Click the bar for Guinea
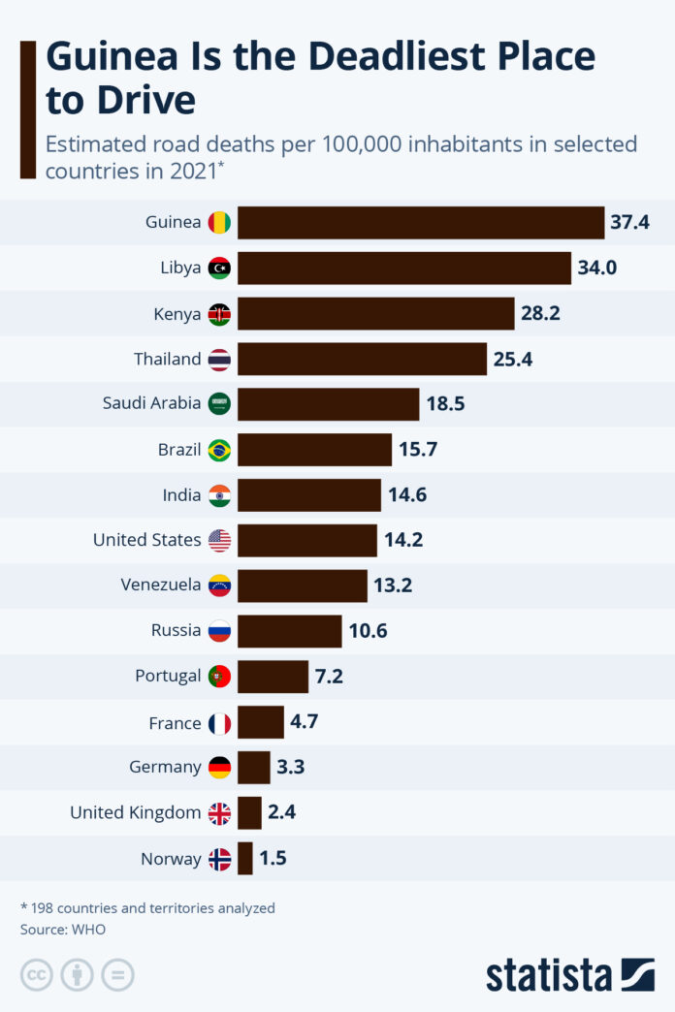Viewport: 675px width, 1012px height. pyautogui.click(x=421, y=223)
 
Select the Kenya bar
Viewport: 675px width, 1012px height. pyautogui.click(x=375, y=314)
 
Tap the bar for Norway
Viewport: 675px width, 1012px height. pyautogui.click(x=245, y=859)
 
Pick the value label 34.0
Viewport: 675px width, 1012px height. pyautogui.click(x=597, y=269)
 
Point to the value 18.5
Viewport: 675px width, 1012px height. pyautogui.click(x=445, y=404)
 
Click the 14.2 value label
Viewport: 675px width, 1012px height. pyautogui.click(x=403, y=540)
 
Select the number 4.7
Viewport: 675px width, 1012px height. pyautogui.click(x=304, y=722)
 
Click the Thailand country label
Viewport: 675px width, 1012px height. pyautogui.click(x=168, y=360)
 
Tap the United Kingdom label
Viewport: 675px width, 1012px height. pyautogui.click(x=135, y=813)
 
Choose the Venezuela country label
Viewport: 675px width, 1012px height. pyautogui.click(x=161, y=585)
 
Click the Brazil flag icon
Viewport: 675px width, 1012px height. pyautogui.click(x=220, y=450)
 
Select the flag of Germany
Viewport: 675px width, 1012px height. pyautogui.click(x=220, y=768)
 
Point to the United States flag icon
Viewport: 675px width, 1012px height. pyautogui.click(x=220, y=541)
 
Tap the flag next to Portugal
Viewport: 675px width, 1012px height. pyautogui.click(x=220, y=677)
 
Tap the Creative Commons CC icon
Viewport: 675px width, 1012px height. pyautogui.click(x=36, y=975)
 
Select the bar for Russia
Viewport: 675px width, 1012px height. pyautogui.click(x=290, y=631)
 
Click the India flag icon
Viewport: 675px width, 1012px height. pyautogui.click(x=220, y=495)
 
